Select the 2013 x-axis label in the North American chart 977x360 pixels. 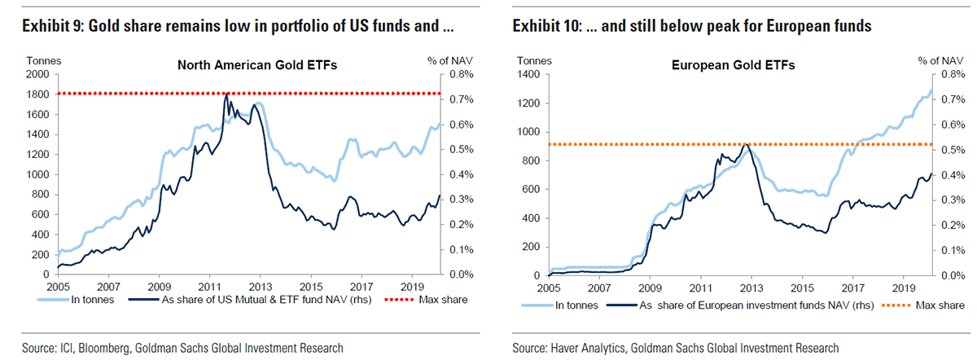(259, 288)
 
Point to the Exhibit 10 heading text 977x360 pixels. (691, 27)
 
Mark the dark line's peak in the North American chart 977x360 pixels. (226, 94)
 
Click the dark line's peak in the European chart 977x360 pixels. (744, 145)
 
